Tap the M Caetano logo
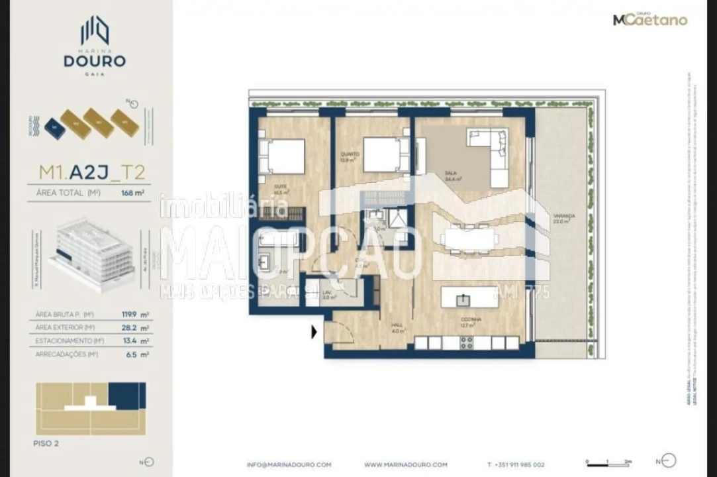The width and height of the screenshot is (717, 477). (650, 20)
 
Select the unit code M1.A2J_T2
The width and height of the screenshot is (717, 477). (92, 173)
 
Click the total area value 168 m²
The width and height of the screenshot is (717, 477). (132, 193)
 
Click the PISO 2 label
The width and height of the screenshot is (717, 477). (46, 443)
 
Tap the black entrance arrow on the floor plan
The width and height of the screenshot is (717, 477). (314, 331)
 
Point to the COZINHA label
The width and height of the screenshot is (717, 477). (471, 319)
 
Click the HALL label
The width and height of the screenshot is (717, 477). (397, 325)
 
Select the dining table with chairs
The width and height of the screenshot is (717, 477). (470, 239)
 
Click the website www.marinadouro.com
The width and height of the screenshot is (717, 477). (406, 465)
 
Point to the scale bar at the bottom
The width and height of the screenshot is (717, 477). (608, 464)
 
